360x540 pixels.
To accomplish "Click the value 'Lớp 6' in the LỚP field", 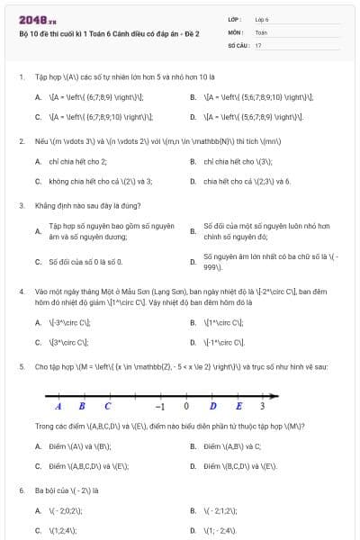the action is click(x=262, y=19).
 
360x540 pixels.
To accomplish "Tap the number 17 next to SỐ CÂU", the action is click(x=258, y=44).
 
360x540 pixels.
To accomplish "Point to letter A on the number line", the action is click(x=58, y=405).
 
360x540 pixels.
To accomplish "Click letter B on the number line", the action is click(x=82, y=405).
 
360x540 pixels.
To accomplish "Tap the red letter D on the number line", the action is click(x=212, y=405).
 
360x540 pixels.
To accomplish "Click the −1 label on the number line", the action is click(x=159, y=405).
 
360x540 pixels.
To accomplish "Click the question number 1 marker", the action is click(x=20, y=77).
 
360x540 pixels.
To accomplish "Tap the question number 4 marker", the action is click(x=20, y=292).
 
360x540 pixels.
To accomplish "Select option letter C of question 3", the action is click(x=38, y=262).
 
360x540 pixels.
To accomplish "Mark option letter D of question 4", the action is click(x=193, y=342).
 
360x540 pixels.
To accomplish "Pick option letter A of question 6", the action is click(x=38, y=510).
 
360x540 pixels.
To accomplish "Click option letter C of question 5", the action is click(x=38, y=466).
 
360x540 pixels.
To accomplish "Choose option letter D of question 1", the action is click(x=193, y=116).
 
